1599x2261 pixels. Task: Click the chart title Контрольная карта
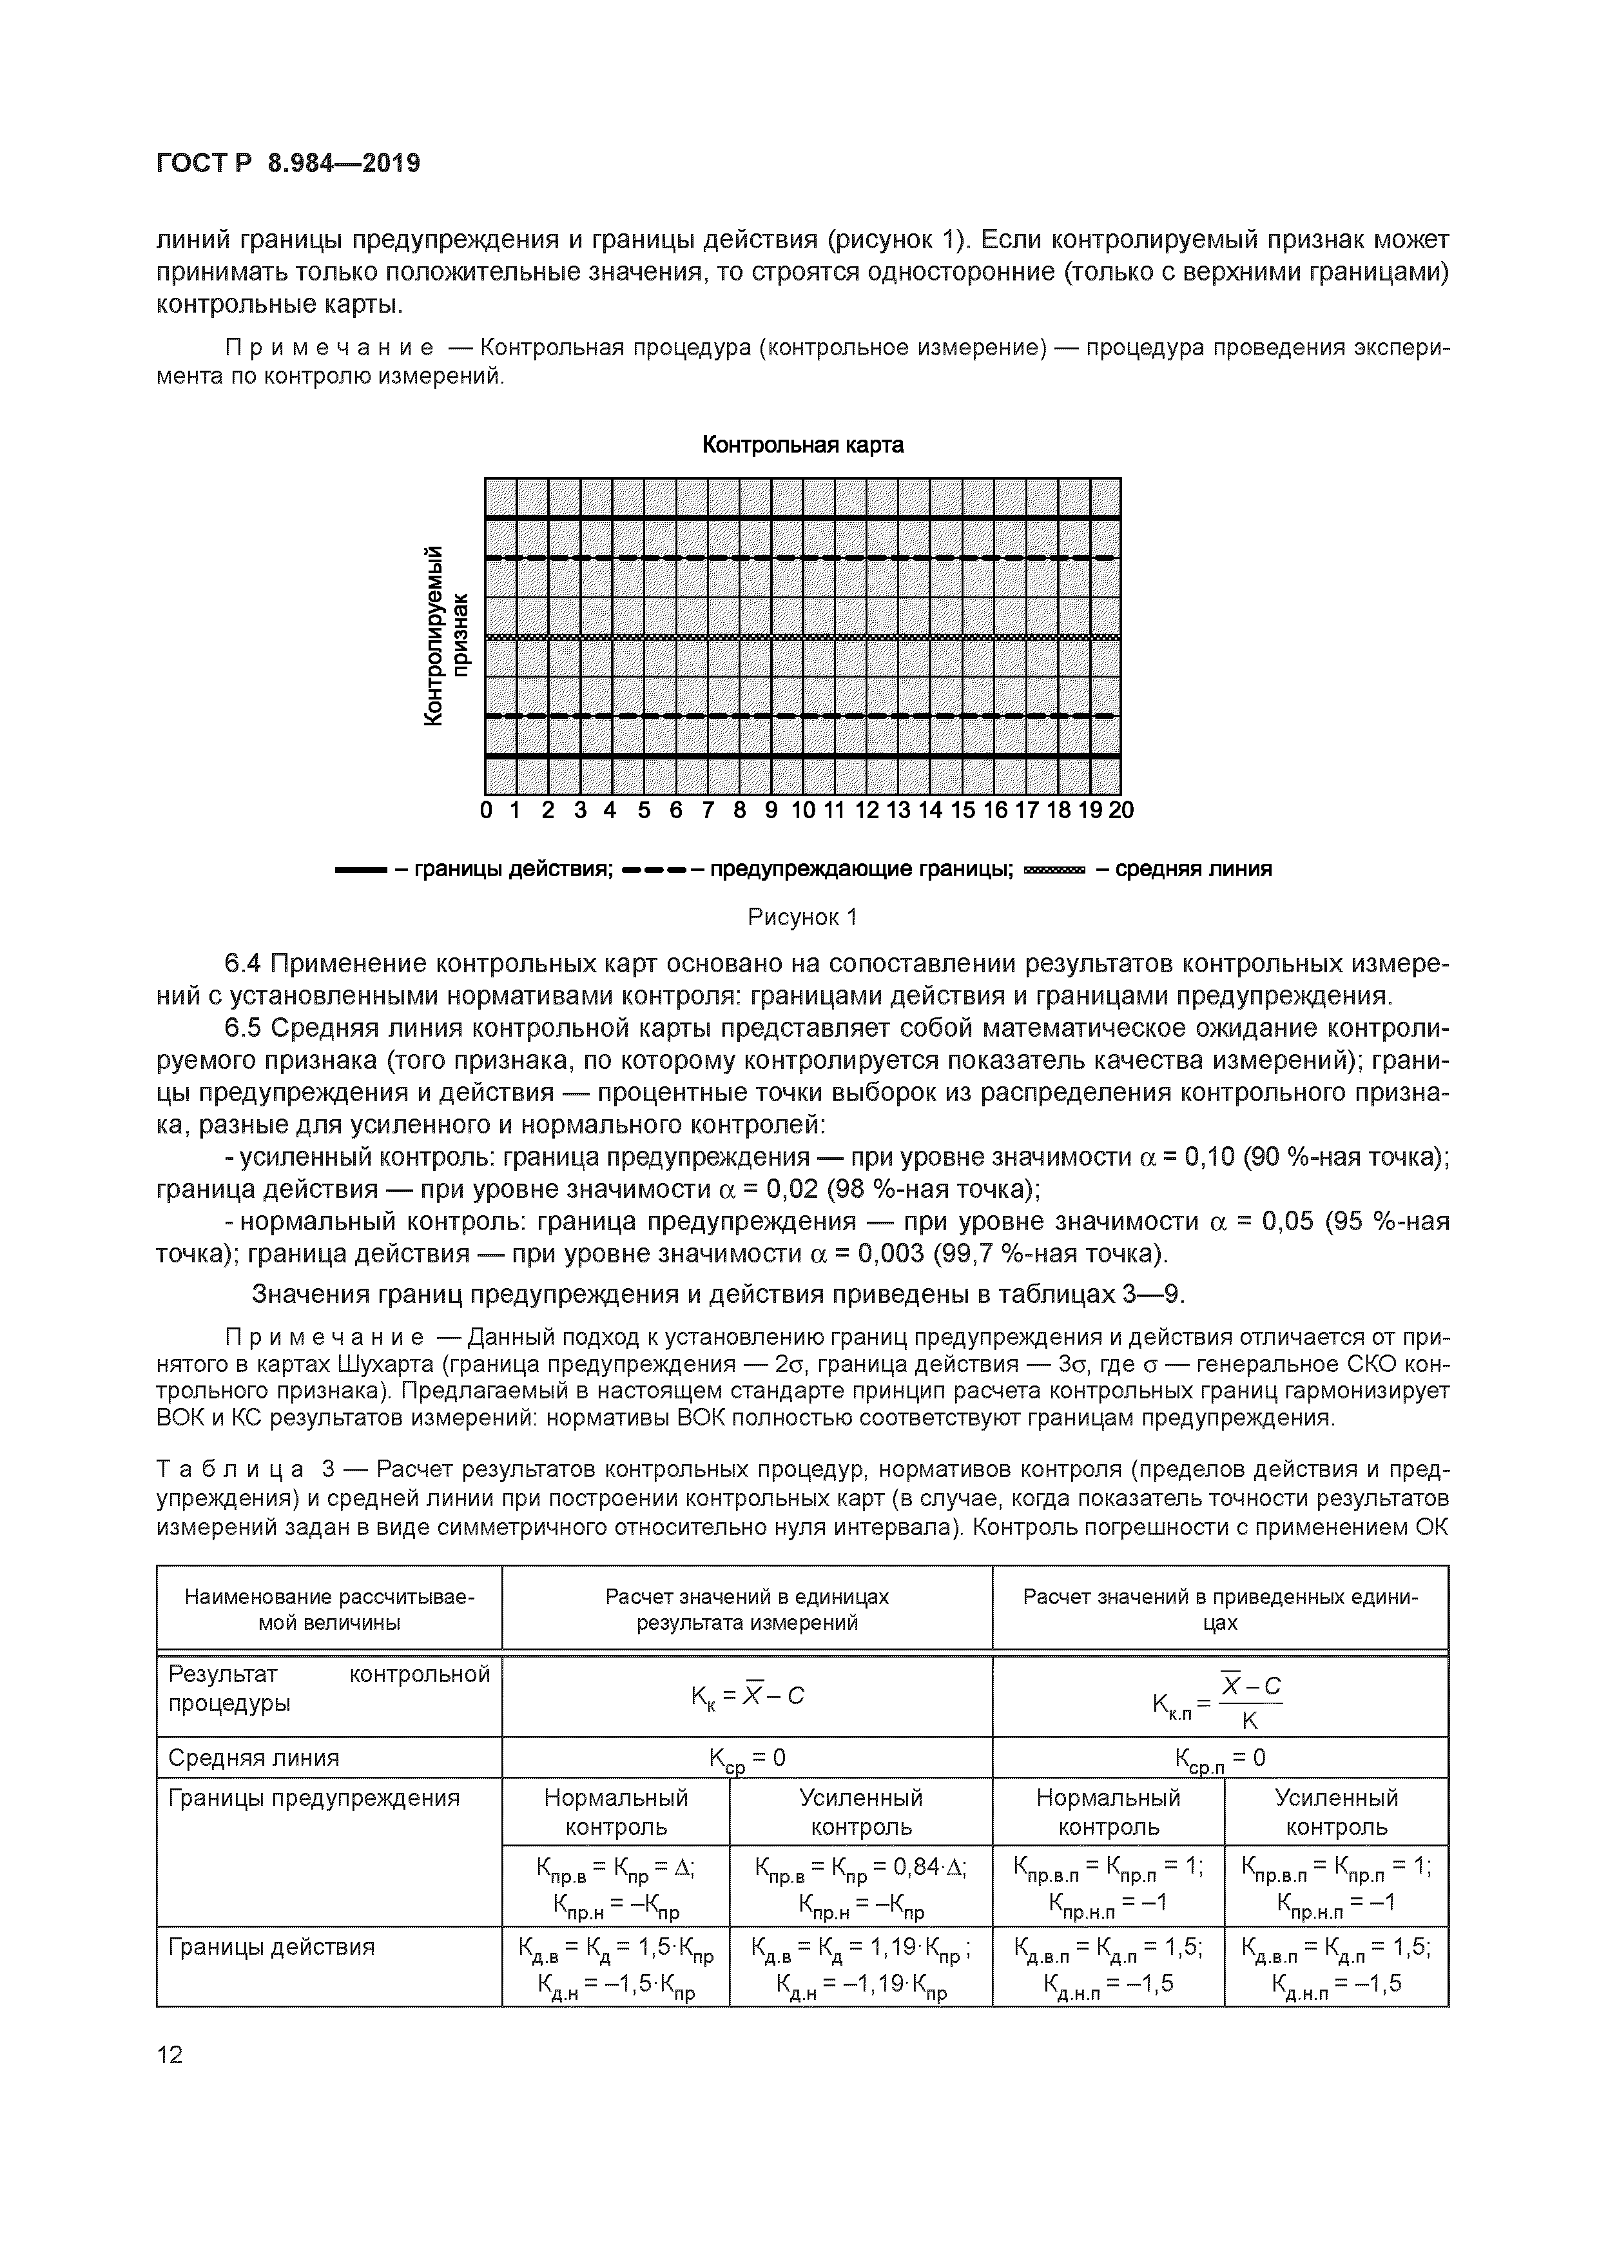tap(802, 445)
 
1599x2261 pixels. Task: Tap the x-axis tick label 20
tap(1121, 810)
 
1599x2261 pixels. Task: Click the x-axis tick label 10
tap(802, 810)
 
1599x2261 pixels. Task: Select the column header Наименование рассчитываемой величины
tap(329, 1609)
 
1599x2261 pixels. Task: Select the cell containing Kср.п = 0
tap(1220, 1759)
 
